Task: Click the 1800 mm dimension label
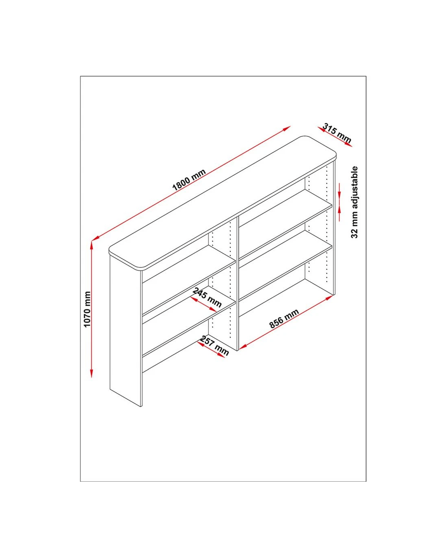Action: click(x=189, y=179)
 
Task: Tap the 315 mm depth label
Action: click(x=337, y=133)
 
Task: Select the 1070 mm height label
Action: click(x=87, y=309)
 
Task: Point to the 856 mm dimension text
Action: click(x=284, y=319)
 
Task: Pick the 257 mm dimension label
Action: click(x=214, y=346)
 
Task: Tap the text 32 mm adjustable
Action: click(x=354, y=202)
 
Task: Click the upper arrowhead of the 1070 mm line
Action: click(x=92, y=245)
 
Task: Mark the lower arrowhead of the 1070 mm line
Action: click(x=92, y=374)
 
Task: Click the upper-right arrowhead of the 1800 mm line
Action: click(x=287, y=128)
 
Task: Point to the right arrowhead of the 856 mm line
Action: click(x=329, y=298)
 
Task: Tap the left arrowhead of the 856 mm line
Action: click(x=242, y=348)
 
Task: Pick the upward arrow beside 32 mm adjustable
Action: click(x=339, y=213)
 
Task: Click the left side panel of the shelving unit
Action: click(x=125, y=331)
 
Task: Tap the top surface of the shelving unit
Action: click(x=223, y=203)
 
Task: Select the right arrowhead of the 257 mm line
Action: click(x=221, y=355)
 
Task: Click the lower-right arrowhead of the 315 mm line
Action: click(x=349, y=145)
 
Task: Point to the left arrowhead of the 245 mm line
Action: click(x=194, y=299)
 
